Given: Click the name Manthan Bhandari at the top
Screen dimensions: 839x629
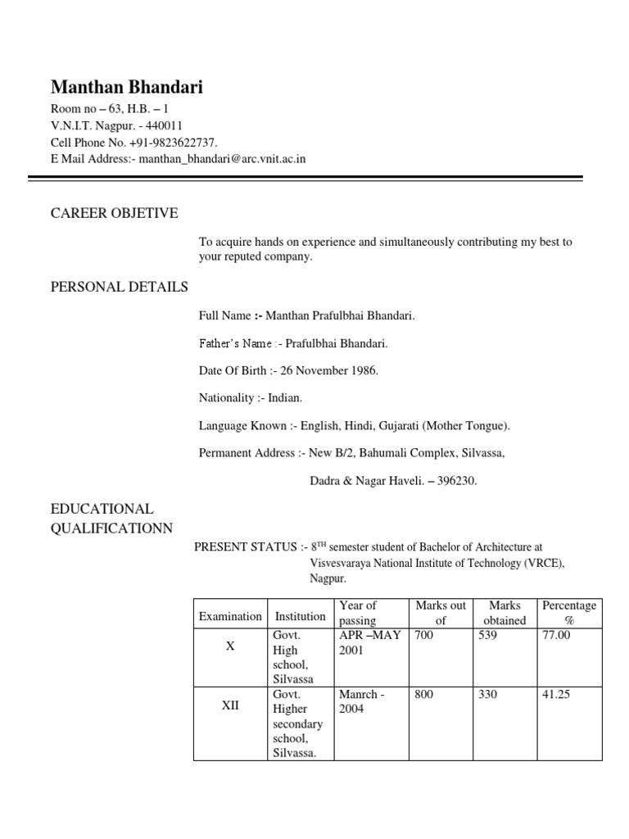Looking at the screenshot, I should [x=127, y=87].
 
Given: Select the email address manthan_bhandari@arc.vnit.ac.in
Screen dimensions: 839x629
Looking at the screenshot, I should [x=222, y=158].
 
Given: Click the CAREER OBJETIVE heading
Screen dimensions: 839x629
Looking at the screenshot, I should [x=114, y=214].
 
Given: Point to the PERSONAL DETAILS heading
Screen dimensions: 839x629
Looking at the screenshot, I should [x=119, y=287].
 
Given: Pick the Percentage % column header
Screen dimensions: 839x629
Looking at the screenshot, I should [x=569, y=613].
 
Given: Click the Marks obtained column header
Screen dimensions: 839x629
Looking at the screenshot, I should [x=505, y=613].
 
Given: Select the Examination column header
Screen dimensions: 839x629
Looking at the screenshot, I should [x=230, y=616].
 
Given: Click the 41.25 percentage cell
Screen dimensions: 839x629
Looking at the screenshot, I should [x=556, y=695].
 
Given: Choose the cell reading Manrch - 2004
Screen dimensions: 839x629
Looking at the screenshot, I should [x=361, y=701].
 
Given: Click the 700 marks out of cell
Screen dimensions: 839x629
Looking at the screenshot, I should [x=424, y=635].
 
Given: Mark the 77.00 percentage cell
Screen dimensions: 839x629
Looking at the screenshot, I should [x=556, y=635].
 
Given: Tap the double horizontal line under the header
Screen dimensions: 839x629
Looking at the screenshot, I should [x=305, y=178].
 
